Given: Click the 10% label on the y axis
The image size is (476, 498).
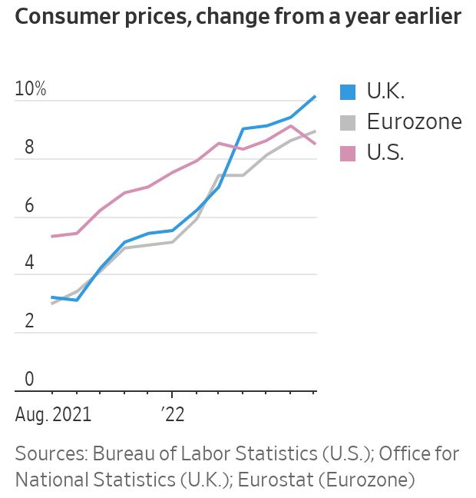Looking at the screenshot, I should tap(31, 89).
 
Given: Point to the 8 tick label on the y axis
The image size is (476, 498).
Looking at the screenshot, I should tap(30, 148).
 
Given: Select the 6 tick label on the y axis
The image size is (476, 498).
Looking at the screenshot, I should tap(30, 205).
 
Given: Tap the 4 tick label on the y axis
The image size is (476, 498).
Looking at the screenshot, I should tap(30, 263).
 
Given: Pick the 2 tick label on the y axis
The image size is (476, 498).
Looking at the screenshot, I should tap(30, 321).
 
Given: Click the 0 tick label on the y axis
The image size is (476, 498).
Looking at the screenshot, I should tap(30, 379).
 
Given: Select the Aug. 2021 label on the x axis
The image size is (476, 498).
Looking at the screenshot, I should tap(53, 415).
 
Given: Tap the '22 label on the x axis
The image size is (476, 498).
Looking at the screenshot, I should tap(173, 415).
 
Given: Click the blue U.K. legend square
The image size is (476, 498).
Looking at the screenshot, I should tap(348, 92).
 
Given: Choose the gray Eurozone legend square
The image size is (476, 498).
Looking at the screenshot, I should tap(348, 122).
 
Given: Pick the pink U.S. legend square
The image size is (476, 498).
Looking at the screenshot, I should tap(348, 152).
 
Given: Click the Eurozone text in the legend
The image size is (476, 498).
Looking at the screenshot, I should tap(415, 122).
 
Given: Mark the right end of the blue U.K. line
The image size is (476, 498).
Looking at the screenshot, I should tap(316, 96).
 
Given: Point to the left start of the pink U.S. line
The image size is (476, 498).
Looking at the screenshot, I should tap(51, 236).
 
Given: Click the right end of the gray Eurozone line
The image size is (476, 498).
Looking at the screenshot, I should tap(316, 131).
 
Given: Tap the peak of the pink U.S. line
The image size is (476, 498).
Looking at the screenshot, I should tap(291, 126).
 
